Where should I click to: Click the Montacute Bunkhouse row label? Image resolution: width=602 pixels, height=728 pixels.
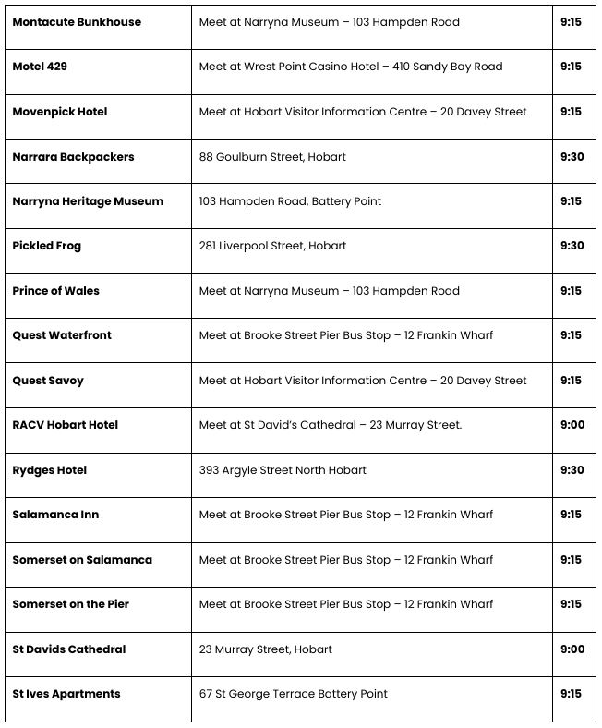point(77,22)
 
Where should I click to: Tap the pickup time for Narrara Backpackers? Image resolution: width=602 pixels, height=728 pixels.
point(572,157)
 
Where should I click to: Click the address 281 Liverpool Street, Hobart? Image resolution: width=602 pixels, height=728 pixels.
point(273,246)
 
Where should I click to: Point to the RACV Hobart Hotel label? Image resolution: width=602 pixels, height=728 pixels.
point(66,425)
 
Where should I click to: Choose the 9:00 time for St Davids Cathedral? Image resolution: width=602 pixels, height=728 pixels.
point(572,649)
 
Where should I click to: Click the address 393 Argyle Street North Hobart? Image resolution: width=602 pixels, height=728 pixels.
point(283,470)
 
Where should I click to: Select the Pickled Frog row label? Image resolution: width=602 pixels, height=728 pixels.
point(47,246)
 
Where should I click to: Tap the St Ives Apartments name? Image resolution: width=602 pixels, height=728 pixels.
point(66,694)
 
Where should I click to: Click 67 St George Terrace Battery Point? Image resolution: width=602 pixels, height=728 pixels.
point(294,694)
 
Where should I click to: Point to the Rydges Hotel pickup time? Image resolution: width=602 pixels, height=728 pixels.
point(572,470)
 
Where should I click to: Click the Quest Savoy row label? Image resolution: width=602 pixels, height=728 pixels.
point(48,381)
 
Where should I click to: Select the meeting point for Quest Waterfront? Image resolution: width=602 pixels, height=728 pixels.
point(346,335)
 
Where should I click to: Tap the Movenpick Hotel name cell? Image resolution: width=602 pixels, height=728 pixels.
point(60,112)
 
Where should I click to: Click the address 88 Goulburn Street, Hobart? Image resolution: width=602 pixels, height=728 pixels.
point(272,157)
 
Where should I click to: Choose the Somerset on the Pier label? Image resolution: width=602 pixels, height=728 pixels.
point(71,604)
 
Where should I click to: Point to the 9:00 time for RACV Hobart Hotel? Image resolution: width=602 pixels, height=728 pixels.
point(572,425)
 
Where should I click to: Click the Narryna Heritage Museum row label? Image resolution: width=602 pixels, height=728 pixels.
point(88,201)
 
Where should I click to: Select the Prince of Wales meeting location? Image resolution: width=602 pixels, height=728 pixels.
point(330,291)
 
